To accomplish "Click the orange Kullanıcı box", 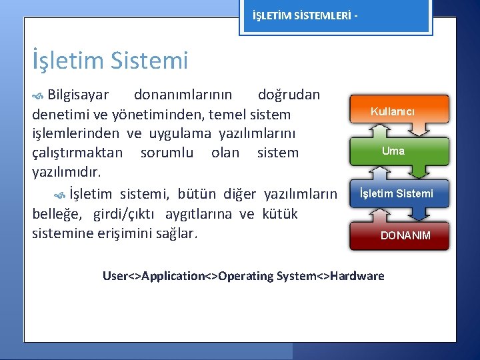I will pos(392,111).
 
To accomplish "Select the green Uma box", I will pos(393,151).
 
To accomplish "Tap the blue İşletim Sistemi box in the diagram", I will pos(396,193).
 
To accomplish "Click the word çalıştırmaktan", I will pos(77,153).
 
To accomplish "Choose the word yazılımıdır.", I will pos(67,173).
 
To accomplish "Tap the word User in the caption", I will pos(115,275).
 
